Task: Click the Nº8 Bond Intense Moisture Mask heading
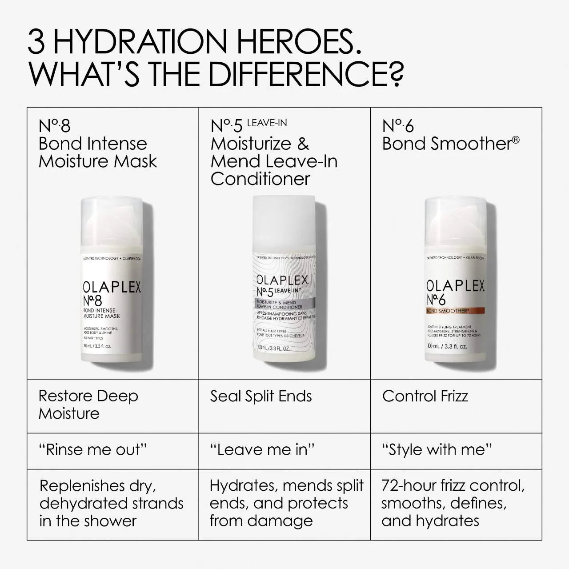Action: pos(98,144)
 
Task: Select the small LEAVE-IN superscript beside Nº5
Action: pos(267,123)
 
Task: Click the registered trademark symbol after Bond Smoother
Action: pos(516,140)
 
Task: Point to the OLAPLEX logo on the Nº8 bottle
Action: pos(112,287)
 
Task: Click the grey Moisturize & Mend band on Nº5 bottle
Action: pos(285,305)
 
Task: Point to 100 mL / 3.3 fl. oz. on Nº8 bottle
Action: pos(97,346)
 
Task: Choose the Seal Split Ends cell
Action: pos(261,396)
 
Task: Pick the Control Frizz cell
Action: pos(425,396)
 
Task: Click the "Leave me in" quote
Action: pos(262,450)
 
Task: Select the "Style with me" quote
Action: pos(437,450)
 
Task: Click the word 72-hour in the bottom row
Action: pos(409,485)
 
